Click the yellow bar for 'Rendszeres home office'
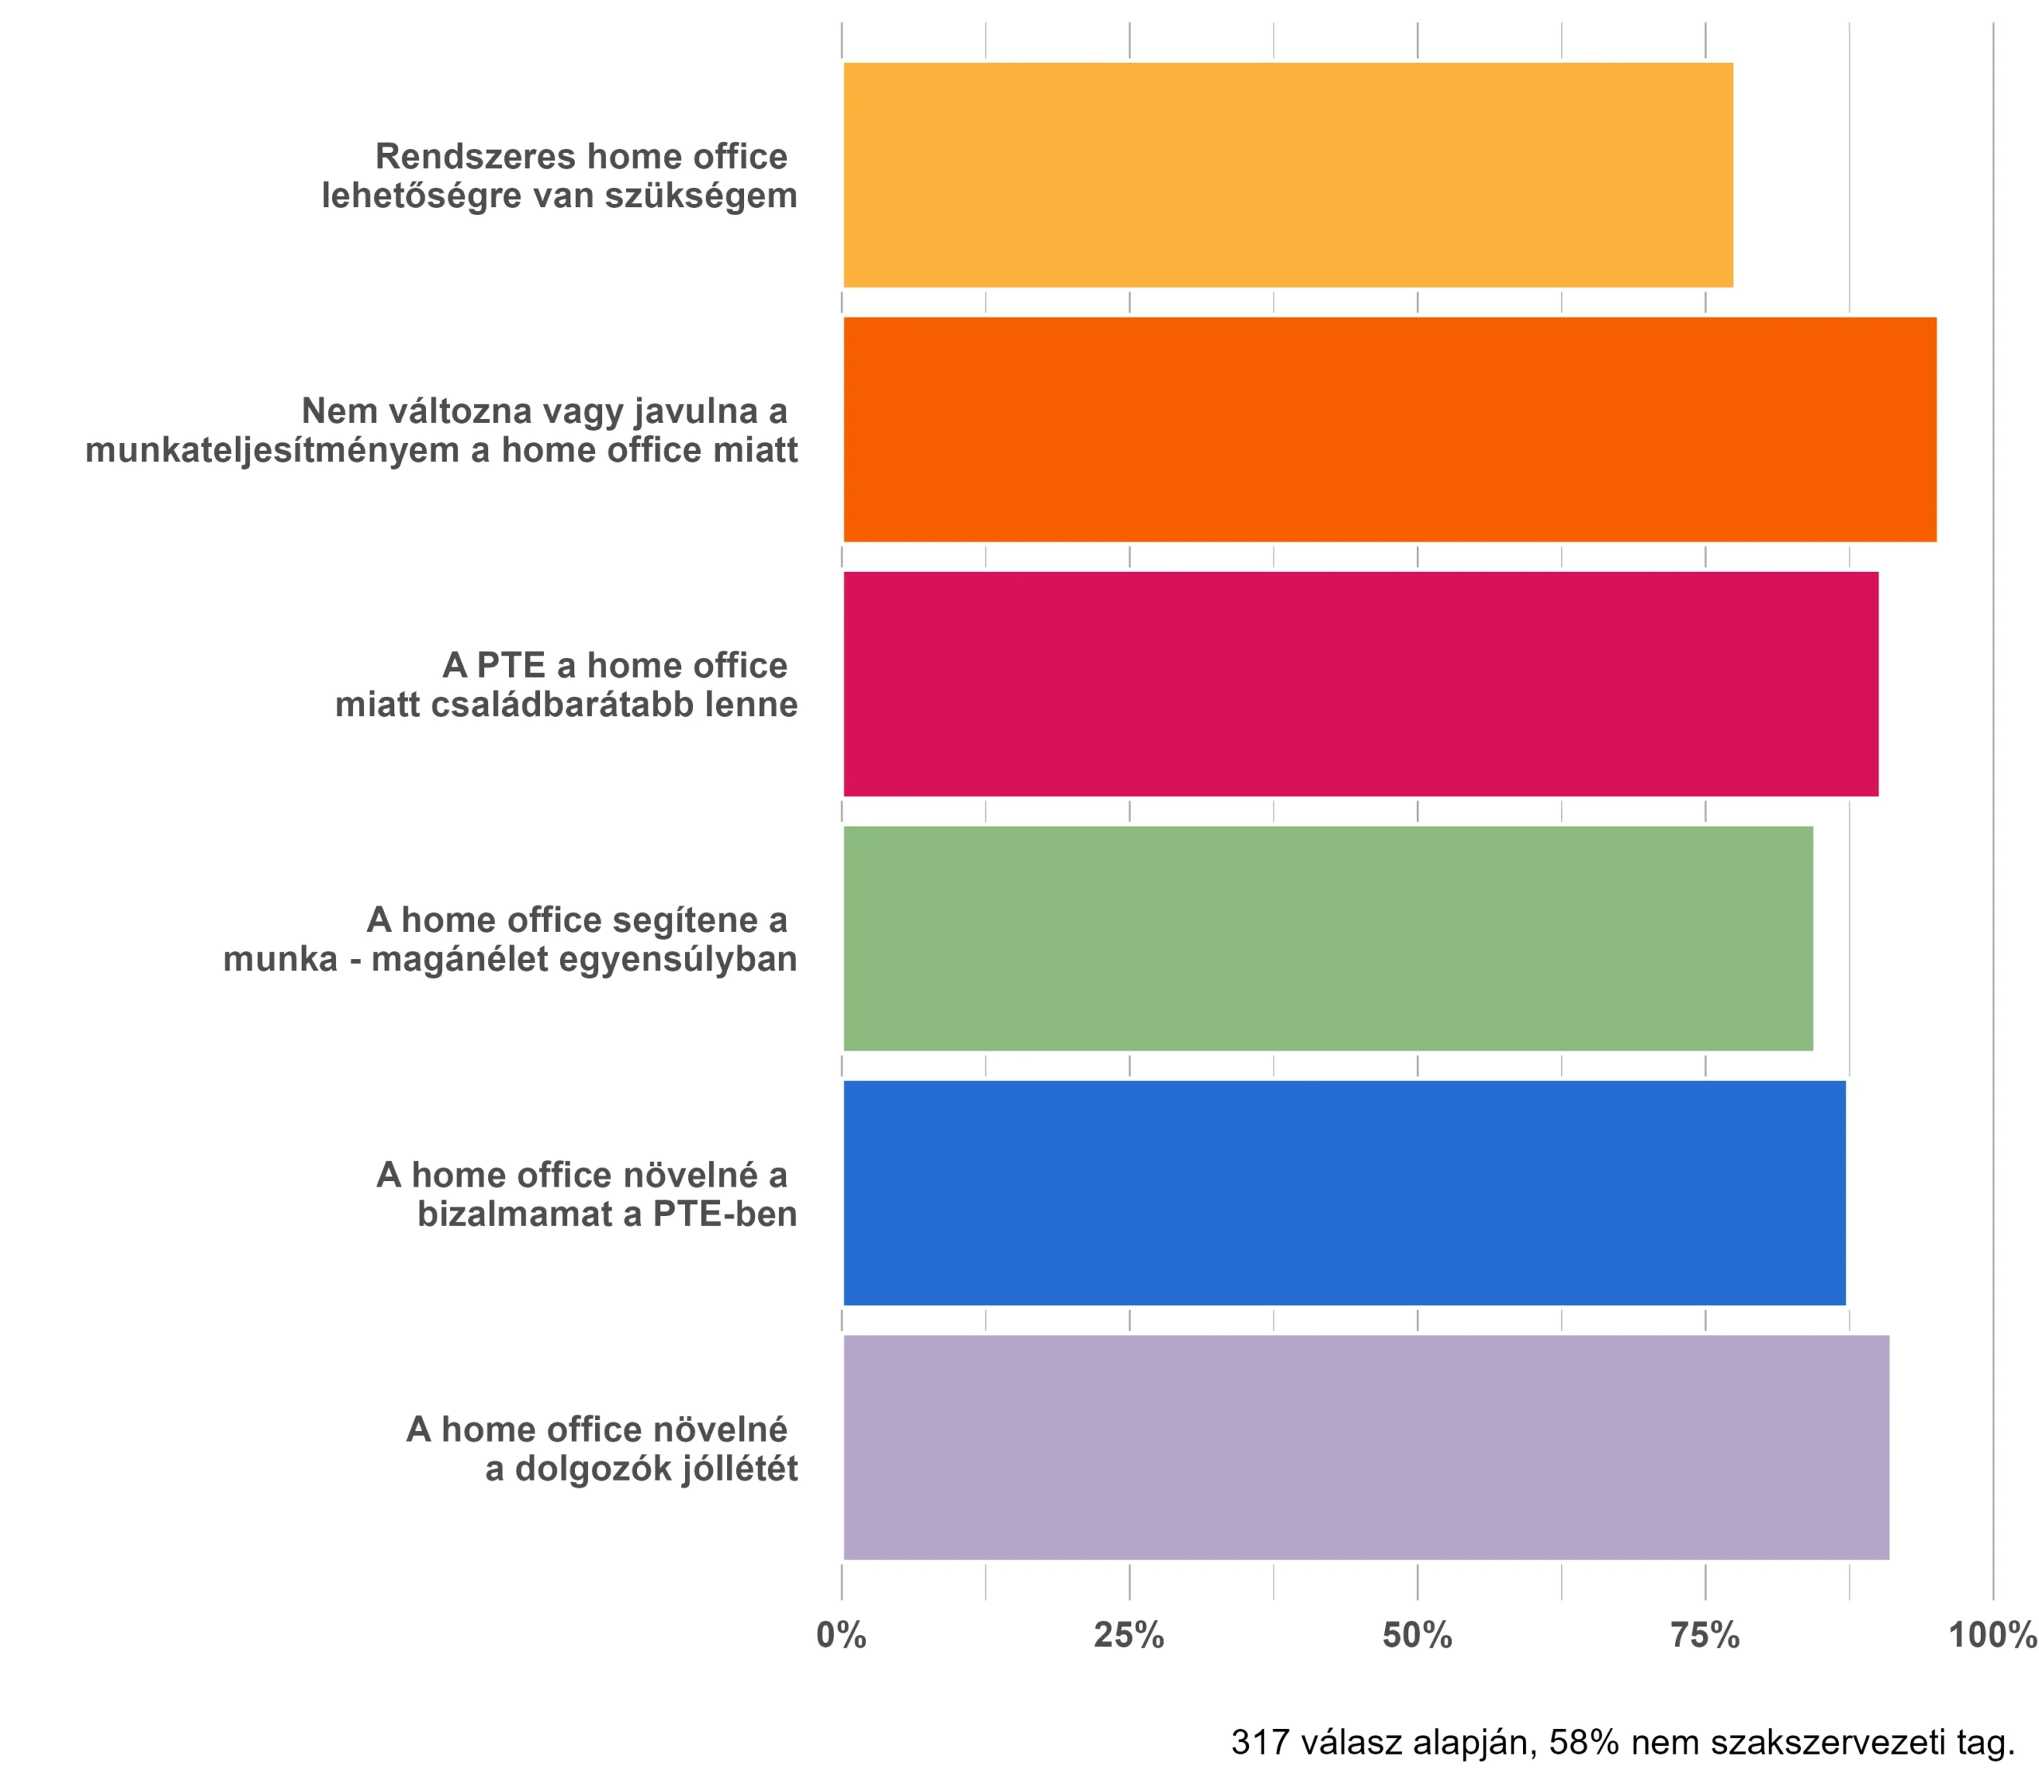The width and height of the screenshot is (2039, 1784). [1287, 175]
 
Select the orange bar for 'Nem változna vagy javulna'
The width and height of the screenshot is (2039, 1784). [1389, 429]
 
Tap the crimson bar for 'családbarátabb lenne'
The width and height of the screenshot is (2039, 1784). [1360, 684]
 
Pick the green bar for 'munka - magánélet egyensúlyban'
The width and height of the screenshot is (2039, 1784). [1327, 938]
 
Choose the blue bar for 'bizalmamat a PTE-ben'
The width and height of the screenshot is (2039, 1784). [1343, 1193]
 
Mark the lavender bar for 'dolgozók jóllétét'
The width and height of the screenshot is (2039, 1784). [1365, 1446]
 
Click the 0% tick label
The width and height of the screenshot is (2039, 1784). [841, 1636]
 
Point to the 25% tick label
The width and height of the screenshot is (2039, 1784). [1129, 1636]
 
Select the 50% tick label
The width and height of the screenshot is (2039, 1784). [1417, 1636]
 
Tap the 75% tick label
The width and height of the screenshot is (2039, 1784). [1704, 1636]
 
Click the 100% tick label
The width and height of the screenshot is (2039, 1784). [1992, 1636]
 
